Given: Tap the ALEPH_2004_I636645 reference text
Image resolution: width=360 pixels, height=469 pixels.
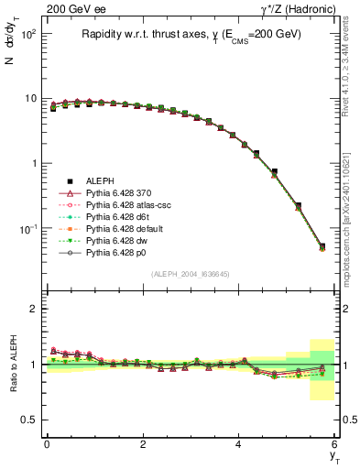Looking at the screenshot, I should pos(191,275).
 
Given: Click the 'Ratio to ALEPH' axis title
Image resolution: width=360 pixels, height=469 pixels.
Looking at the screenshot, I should pos(14,365).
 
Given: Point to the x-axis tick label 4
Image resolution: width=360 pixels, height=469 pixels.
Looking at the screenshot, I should pos(239,444).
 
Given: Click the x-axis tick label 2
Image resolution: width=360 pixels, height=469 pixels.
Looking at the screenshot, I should pos(143,444).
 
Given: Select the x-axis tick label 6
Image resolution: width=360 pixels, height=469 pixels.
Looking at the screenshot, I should pos(335,444).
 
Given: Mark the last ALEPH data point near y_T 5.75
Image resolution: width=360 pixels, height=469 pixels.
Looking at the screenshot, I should pos(322,246).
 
